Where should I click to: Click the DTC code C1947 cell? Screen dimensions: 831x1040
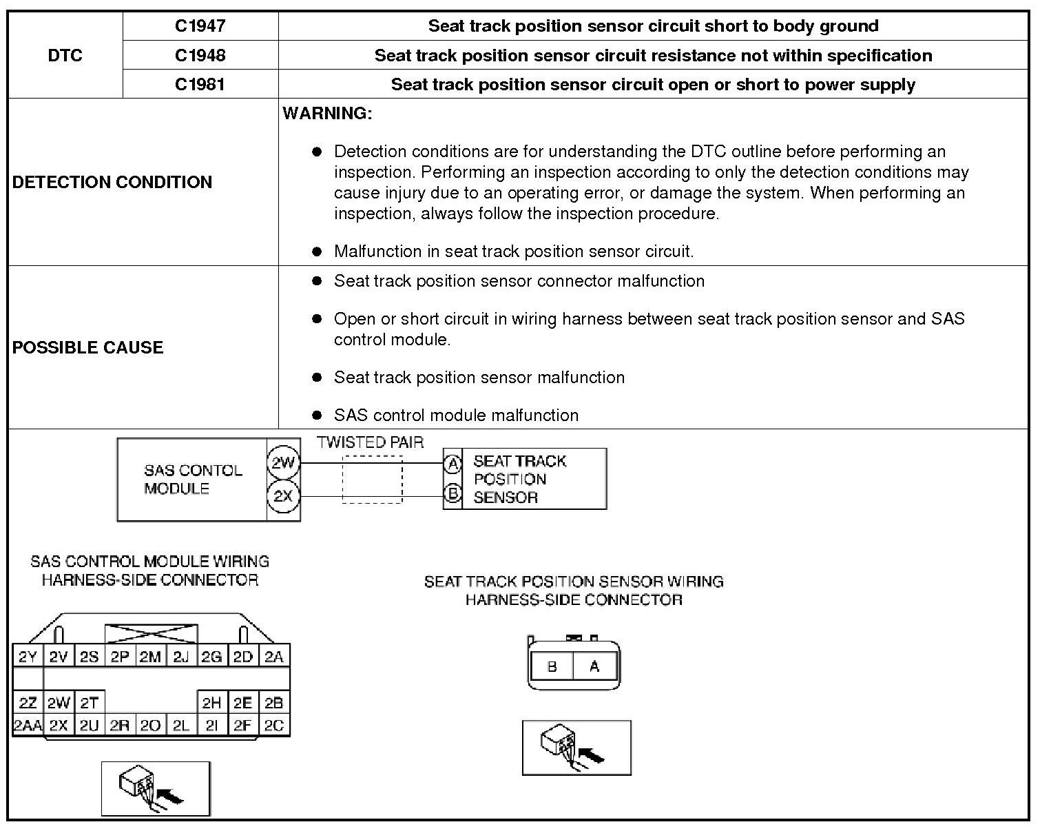pos(200,26)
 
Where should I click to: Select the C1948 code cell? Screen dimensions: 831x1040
pos(200,55)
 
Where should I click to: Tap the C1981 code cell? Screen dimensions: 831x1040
pos(200,84)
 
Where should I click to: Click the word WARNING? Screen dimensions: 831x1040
pos(327,114)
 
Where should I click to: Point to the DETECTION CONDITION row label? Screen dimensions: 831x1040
pos(112,182)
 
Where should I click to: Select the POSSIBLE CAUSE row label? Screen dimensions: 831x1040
pos(88,347)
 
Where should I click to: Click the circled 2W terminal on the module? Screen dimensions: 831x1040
pos(283,463)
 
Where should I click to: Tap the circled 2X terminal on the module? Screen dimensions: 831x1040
pos(283,496)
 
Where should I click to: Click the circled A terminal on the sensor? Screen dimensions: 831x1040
pos(453,464)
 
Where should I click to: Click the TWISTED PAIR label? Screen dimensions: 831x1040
pos(371,442)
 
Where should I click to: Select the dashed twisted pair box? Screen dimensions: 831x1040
pos(372,479)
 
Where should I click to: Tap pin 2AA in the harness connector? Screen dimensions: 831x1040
pos(28,726)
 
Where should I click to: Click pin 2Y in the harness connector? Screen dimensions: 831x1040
pos(28,657)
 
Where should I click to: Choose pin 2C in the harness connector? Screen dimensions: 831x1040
pos(274,726)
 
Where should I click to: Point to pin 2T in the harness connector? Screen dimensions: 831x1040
pos(89,703)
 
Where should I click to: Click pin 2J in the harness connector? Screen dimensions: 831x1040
pos(181,657)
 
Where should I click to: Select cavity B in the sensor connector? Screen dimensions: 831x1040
pos(552,666)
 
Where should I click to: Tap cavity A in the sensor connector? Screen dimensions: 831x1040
pos(594,666)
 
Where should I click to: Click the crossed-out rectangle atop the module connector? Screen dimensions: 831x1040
pos(151,634)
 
